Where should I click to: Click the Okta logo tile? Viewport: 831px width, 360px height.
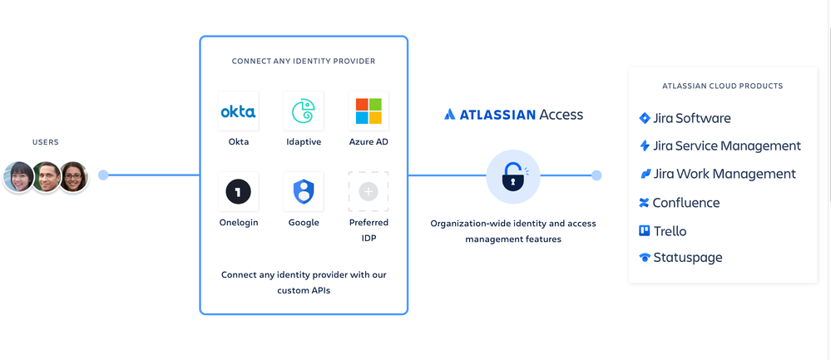coord(238,111)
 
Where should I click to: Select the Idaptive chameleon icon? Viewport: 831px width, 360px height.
coord(303,111)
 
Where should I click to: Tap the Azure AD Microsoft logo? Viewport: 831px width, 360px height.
coord(369,111)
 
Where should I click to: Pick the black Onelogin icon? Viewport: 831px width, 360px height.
coord(238,192)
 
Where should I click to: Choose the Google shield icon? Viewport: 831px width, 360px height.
coord(303,192)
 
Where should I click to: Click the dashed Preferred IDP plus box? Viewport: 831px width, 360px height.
coord(369,192)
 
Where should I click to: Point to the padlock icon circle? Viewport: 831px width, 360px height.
coord(513,176)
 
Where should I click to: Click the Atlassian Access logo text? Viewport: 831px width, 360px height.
coord(513,115)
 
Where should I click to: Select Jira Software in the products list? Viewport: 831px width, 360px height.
coord(685,118)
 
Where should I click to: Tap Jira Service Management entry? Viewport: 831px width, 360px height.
coord(720,145)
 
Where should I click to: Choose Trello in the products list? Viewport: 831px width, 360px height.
coord(662,231)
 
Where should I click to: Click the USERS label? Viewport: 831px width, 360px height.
coord(46,142)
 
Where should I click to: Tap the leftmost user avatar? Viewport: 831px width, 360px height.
coord(19,177)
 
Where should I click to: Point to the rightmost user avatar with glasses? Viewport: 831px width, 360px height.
coord(73,177)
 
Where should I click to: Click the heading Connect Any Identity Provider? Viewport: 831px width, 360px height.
coord(304,61)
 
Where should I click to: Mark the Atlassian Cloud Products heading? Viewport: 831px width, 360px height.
coord(722,86)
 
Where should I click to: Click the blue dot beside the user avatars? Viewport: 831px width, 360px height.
coord(103,175)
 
